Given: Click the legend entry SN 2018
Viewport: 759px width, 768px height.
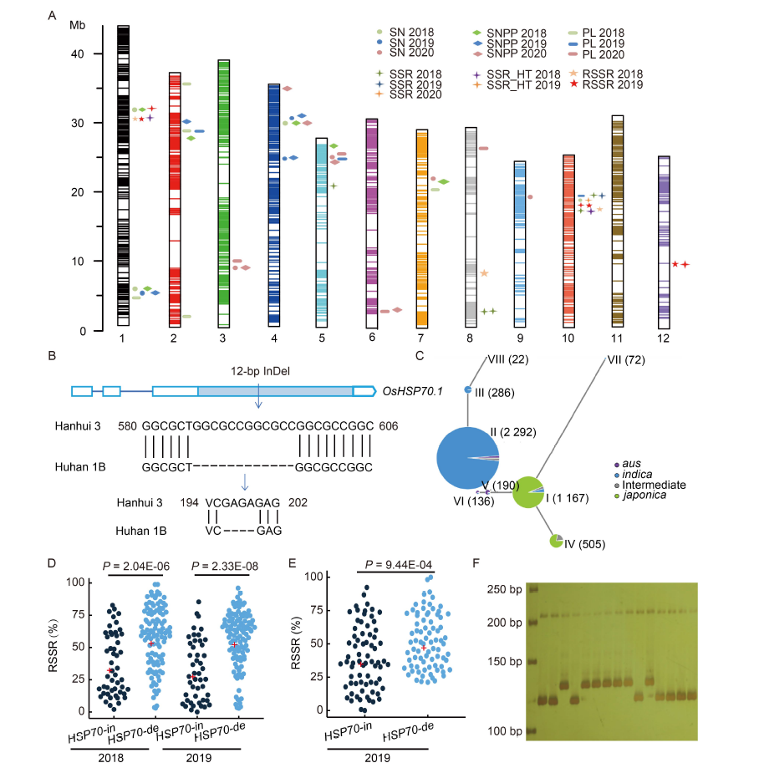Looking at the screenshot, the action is [x=405, y=33].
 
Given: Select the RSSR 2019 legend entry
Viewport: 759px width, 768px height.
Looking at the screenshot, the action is [x=607, y=84].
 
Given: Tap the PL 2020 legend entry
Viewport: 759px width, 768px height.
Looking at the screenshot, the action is [x=597, y=54].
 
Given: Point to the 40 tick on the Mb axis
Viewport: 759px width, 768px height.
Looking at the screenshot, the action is [x=78, y=53].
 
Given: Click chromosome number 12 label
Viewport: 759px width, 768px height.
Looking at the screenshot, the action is [x=664, y=338].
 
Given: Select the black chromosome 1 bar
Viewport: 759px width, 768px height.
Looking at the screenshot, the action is [x=124, y=175].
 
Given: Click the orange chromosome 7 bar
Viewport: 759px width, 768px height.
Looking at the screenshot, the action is [x=422, y=229].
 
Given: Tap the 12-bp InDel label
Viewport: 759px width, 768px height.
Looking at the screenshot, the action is [x=260, y=371].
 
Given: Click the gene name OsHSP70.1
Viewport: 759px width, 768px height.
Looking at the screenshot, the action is [x=413, y=391].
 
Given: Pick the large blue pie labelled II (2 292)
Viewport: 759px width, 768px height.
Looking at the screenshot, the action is [x=467, y=458].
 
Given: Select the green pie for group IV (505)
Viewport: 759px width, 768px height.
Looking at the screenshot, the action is [x=556, y=541].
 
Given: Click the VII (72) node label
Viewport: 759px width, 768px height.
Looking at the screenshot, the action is [x=626, y=360].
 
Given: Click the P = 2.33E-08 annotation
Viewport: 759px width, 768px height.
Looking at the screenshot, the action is [x=224, y=567].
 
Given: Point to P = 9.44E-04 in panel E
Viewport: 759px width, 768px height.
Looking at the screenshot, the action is [x=399, y=565].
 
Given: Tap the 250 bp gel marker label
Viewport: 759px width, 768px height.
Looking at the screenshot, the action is [x=505, y=589].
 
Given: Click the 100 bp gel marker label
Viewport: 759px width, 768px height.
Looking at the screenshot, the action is [x=505, y=731].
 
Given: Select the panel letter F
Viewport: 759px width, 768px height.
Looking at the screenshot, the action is [x=476, y=563].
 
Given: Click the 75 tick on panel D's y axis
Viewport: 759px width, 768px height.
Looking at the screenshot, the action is [x=79, y=614].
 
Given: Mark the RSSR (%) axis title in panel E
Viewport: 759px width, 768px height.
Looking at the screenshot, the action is [x=296, y=643].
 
